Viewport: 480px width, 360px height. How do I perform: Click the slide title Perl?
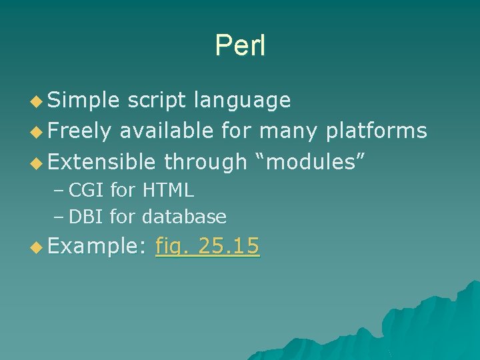240,45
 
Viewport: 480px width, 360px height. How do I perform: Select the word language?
241,100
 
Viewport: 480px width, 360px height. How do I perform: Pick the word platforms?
376,131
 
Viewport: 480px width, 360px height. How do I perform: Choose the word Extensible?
102,161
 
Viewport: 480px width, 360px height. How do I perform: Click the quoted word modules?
310,161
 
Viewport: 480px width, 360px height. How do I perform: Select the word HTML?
167,191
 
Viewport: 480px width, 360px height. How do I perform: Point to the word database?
185,217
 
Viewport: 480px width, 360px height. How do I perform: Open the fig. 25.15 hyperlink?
207,247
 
